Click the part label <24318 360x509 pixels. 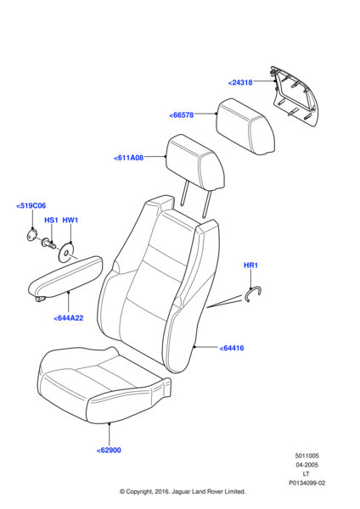240,82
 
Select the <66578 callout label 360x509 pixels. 182,115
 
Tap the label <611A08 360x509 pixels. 129,158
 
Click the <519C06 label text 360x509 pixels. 31,205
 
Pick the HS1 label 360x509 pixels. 51,220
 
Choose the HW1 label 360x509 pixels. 70,220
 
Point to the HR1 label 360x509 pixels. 250,266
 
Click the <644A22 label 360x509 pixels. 68,318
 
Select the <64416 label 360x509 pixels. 232,348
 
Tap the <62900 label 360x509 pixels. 109,450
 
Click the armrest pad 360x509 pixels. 66,278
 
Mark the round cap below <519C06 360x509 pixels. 31,235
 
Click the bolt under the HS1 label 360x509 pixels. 48,243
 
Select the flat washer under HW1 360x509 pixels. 66,252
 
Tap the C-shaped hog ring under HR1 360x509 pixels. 253,294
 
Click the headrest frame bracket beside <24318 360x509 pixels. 294,96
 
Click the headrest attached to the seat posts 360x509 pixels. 195,163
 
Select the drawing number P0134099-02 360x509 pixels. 307,483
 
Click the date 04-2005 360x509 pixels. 307,465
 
